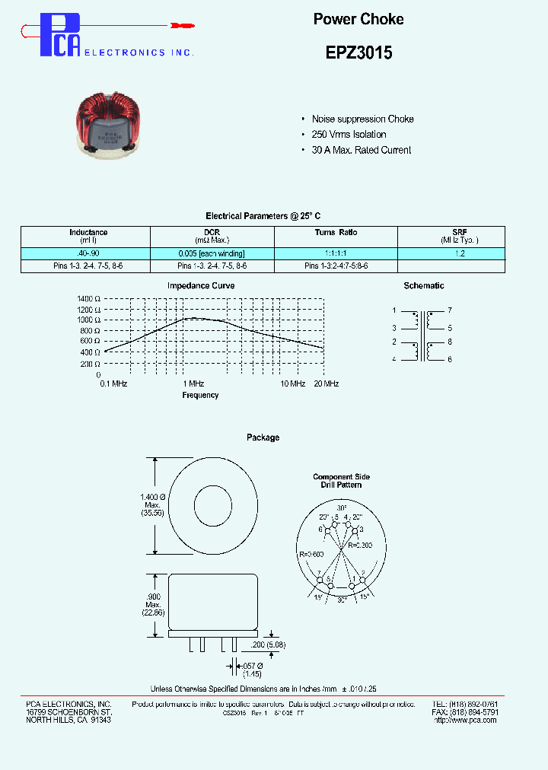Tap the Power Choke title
click(x=358, y=19)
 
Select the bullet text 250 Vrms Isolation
click(x=349, y=135)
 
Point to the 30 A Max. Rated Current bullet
click(x=362, y=150)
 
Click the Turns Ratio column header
click(x=336, y=233)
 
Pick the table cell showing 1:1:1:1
click(x=336, y=253)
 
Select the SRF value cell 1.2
click(x=460, y=253)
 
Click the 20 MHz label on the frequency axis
click(x=326, y=384)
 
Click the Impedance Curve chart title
click(x=201, y=286)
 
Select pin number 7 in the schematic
click(x=450, y=310)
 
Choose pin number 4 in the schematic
click(x=394, y=359)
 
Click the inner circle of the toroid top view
click(x=213, y=504)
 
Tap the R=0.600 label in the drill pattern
click(x=312, y=555)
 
